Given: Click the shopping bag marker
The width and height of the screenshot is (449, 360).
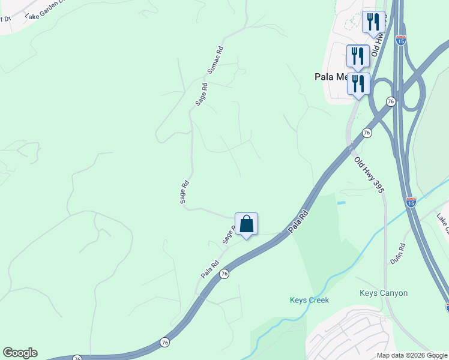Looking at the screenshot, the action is click(x=246, y=224).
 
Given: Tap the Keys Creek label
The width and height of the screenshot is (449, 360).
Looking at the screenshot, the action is click(x=309, y=300).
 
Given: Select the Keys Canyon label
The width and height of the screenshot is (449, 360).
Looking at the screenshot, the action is click(x=384, y=293).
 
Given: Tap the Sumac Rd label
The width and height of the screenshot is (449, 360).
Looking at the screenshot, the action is click(x=215, y=61).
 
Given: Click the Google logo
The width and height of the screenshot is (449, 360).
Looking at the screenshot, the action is click(x=20, y=353).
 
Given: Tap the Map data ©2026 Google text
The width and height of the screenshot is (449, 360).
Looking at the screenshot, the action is click(x=412, y=355).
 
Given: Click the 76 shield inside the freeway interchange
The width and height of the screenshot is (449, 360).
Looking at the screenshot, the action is click(x=391, y=102).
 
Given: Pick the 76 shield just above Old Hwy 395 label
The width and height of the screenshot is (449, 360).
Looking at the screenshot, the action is click(x=366, y=133).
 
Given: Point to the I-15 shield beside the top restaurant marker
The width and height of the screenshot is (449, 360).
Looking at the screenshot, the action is click(x=401, y=40).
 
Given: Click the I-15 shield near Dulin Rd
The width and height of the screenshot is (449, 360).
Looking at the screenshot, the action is click(x=411, y=202).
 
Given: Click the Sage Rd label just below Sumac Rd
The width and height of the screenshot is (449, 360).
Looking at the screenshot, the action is click(x=202, y=95).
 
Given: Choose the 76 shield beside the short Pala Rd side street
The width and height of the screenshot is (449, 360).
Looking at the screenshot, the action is click(x=224, y=274).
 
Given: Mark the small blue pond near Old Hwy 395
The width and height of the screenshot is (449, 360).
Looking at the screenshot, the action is click(x=341, y=203).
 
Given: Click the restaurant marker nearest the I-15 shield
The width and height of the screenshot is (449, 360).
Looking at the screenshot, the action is click(x=373, y=22).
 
